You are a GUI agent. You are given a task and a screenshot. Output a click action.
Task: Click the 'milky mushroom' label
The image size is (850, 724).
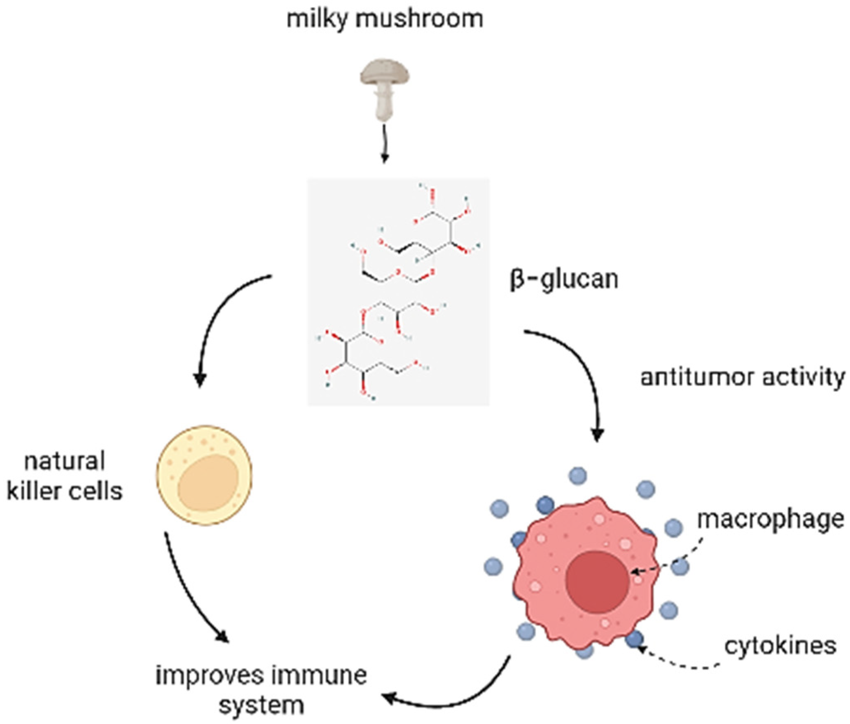[385, 19]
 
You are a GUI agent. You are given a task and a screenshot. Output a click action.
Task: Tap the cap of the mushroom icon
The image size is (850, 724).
[385, 74]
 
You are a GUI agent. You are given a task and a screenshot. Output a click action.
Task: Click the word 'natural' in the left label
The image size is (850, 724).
[65, 461]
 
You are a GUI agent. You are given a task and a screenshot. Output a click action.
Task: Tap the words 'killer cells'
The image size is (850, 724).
[65, 491]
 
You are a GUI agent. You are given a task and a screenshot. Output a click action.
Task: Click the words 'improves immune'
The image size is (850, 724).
[261, 676]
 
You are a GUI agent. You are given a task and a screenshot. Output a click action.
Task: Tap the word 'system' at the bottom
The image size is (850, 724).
[261, 706]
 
